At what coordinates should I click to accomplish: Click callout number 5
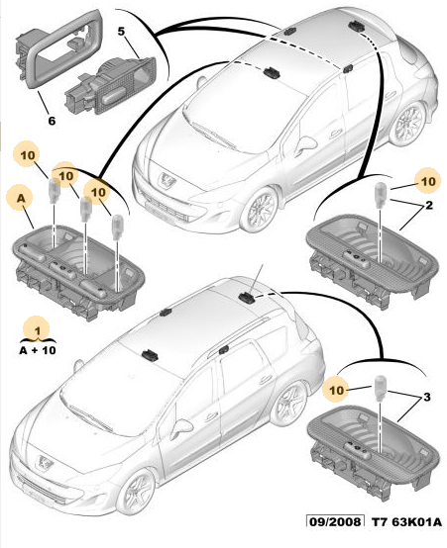pos(121,32)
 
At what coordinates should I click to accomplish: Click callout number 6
pos(52,121)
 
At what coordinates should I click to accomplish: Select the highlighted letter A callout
pos(22,199)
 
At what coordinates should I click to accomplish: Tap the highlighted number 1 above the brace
pos(38,330)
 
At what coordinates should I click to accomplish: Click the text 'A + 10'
pos(38,350)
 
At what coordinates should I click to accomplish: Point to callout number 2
pos(429,205)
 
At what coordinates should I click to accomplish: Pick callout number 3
pos(426,397)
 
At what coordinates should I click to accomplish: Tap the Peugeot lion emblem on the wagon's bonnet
pos(45,462)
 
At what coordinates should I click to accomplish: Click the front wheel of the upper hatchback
pos(259,210)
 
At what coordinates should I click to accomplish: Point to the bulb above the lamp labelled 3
pos(380,387)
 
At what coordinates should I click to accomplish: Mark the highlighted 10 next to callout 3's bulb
pos(337,391)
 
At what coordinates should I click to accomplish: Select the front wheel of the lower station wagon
pos(136,492)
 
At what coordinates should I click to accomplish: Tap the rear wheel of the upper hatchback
pos(408,124)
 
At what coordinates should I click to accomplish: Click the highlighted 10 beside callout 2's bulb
pos(428,182)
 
